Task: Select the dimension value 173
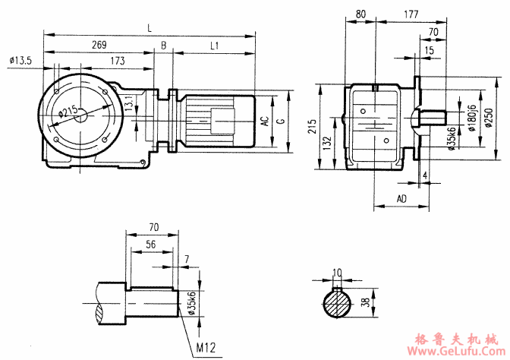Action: click(116, 60)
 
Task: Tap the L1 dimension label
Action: click(214, 46)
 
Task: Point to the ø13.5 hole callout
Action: click(20, 60)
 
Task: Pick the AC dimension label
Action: click(264, 121)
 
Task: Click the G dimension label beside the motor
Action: click(281, 121)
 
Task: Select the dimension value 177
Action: click(412, 14)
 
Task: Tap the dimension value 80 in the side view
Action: click(360, 14)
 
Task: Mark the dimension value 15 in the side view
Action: click(430, 50)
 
